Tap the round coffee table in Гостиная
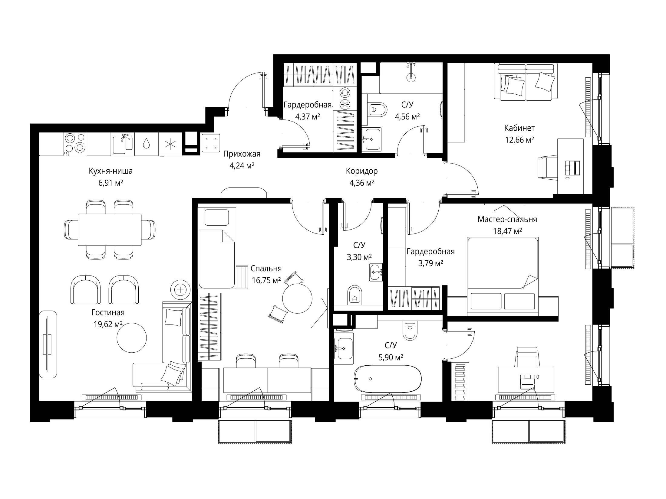point(132,337)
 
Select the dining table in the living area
point(110,230)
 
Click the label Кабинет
point(519,128)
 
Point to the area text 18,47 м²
point(507,231)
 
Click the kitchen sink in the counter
point(123,144)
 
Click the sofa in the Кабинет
point(526,82)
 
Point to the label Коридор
point(362,171)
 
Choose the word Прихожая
point(242,154)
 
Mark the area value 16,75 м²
point(266,280)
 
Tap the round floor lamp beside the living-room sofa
point(181,289)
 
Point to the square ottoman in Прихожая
point(211,143)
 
